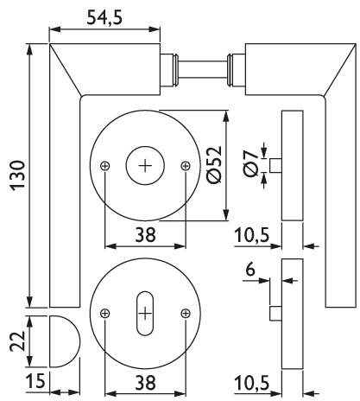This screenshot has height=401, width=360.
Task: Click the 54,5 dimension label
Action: click(x=104, y=18)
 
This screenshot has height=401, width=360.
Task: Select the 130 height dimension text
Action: click(x=18, y=175)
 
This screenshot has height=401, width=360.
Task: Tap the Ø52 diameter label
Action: click(x=215, y=164)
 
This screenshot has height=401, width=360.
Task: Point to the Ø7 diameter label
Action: click(x=250, y=163)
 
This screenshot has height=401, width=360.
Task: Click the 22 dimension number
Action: click(x=18, y=341)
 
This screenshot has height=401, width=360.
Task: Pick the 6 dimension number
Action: click(x=250, y=270)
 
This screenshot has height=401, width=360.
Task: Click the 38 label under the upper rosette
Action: click(x=145, y=234)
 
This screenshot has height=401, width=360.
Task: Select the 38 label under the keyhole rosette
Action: click(x=145, y=383)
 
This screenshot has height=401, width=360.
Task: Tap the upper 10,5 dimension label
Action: click(x=252, y=235)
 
